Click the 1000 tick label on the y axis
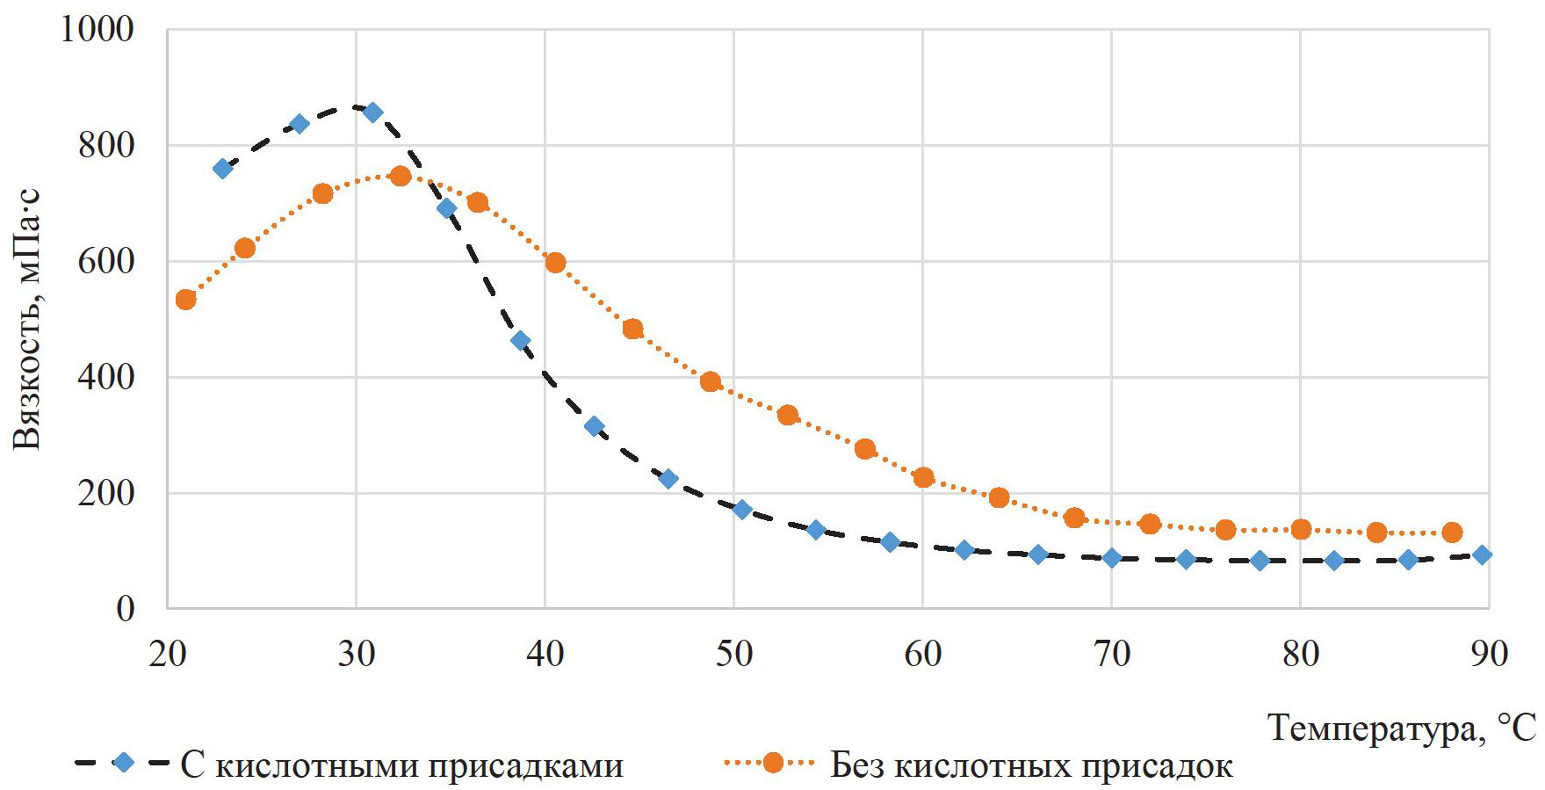(x=97, y=29)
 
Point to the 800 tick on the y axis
(x=106, y=145)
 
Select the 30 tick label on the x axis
(x=356, y=654)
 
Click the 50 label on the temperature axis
(x=733, y=654)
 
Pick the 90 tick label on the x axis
(x=1489, y=654)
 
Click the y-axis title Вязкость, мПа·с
(x=28, y=319)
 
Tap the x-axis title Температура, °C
(x=1402, y=728)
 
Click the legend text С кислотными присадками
(x=401, y=765)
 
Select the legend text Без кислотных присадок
(x=1031, y=765)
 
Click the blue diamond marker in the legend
(x=124, y=763)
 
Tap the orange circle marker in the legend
(x=773, y=763)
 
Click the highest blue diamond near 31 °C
(x=372, y=112)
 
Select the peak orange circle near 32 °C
(x=401, y=176)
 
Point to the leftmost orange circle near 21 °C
(x=185, y=300)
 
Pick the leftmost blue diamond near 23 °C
(x=223, y=169)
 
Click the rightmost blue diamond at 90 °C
(x=1482, y=554)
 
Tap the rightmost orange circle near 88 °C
(x=1452, y=533)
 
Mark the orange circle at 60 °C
(x=923, y=478)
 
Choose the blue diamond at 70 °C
(x=1112, y=558)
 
